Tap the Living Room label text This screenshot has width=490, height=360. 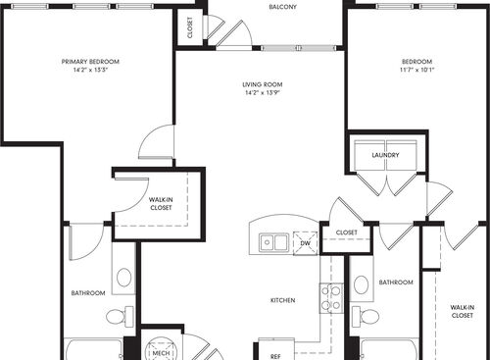[263, 85]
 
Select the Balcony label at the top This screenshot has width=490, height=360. [284, 7]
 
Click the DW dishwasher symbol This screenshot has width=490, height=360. [305, 242]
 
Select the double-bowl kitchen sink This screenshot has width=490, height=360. [273, 241]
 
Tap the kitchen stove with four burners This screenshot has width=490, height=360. [331, 298]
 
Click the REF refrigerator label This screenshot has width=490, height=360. [273, 355]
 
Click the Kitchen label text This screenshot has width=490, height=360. [284, 300]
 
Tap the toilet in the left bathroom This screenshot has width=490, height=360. [119, 316]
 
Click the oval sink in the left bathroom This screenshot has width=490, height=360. [124, 278]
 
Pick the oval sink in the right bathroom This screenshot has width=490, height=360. [362, 284]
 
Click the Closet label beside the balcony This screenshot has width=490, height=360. [188, 28]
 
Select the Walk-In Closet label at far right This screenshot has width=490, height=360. [462, 312]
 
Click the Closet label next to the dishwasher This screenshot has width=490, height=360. [347, 232]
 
